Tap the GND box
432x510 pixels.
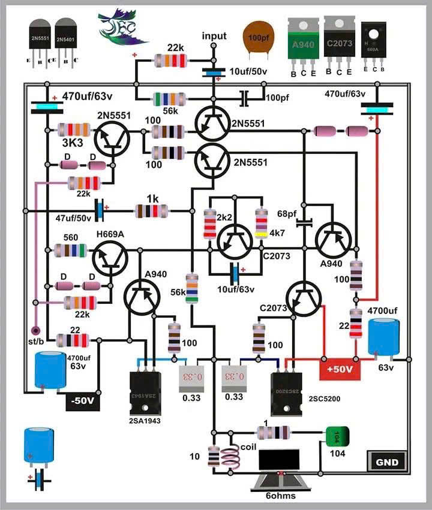pos(387,462)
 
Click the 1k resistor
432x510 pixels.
pos(151,210)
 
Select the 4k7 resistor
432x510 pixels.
pos(261,224)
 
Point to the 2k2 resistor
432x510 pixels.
pos(210,224)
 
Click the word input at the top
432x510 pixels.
pos(214,36)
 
